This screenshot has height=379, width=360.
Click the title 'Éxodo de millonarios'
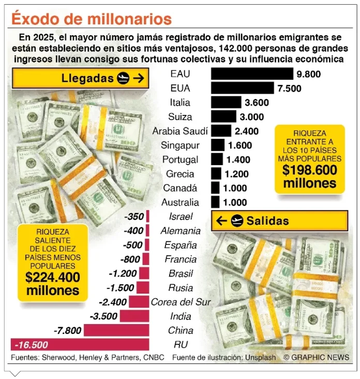click(x=92, y=19)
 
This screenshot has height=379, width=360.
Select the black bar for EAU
click(x=252, y=74)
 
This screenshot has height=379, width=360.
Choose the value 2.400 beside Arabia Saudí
click(x=246, y=132)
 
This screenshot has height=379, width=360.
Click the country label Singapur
click(x=177, y=145)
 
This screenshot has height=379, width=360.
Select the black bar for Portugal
click(x=217, y=159)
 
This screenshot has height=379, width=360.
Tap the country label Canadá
click(x=180, y=188)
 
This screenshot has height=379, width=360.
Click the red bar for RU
click(x=80, y=344)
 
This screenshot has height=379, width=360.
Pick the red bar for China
click(x=116, y=330)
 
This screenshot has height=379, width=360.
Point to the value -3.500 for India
click(x=104, y=316)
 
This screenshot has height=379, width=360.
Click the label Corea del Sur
click(x=181, y=302)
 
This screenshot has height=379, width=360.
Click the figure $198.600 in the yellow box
click(x=310, y=170)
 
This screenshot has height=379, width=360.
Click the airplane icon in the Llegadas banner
click(x=123, y=79)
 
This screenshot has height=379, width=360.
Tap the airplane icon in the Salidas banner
click(x=237, y=221)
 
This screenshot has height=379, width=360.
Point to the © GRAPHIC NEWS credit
click(x=316, y=357)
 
